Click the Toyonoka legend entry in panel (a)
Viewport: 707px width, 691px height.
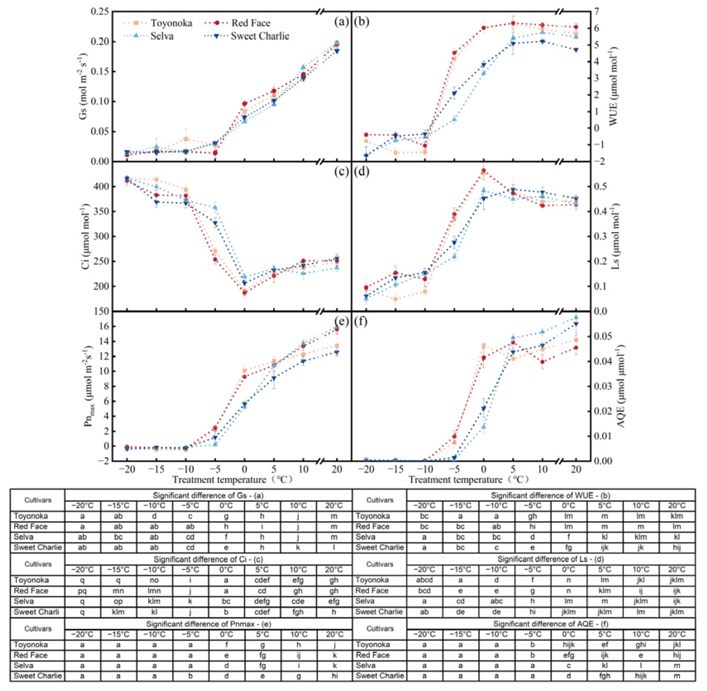point(171,23)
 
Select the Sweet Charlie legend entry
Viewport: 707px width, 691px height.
point(260,36)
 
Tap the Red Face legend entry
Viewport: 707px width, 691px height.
point(251,23)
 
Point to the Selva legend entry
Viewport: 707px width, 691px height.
point(162,36)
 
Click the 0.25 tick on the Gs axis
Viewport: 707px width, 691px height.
point(100,11)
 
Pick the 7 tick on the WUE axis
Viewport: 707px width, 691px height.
point(596,11)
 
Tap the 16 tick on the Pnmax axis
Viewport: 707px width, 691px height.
point(104,326)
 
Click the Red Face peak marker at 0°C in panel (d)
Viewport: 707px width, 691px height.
point(484,170)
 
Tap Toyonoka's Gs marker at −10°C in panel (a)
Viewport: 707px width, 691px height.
point(186,139)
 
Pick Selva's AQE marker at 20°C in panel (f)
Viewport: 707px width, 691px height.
point(576,317)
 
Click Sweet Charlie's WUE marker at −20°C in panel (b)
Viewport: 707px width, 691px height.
point(366,156)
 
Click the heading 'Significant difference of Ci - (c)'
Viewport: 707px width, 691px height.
point(208,559)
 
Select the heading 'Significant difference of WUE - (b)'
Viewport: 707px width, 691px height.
point(550,495)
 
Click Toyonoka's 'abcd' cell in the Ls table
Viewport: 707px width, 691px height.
point(424,580)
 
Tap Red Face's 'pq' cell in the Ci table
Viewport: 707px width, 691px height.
point(82,591)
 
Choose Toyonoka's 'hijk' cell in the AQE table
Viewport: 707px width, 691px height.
point(568,644)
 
